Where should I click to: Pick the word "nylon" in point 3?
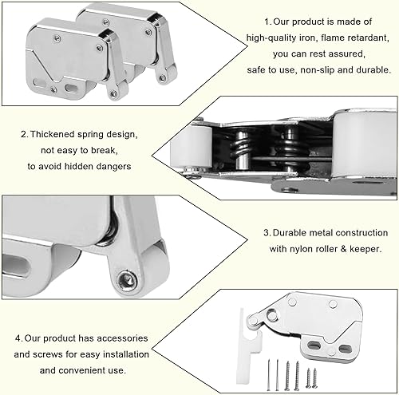(301, 249)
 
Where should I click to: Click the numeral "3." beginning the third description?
(267, 233)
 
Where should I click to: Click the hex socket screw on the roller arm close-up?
(128, 280)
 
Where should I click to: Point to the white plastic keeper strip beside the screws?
(247, 346)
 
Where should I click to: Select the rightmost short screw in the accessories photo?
(315, 377)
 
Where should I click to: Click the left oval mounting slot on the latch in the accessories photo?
(314, 346)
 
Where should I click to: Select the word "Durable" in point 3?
(290, 233)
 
